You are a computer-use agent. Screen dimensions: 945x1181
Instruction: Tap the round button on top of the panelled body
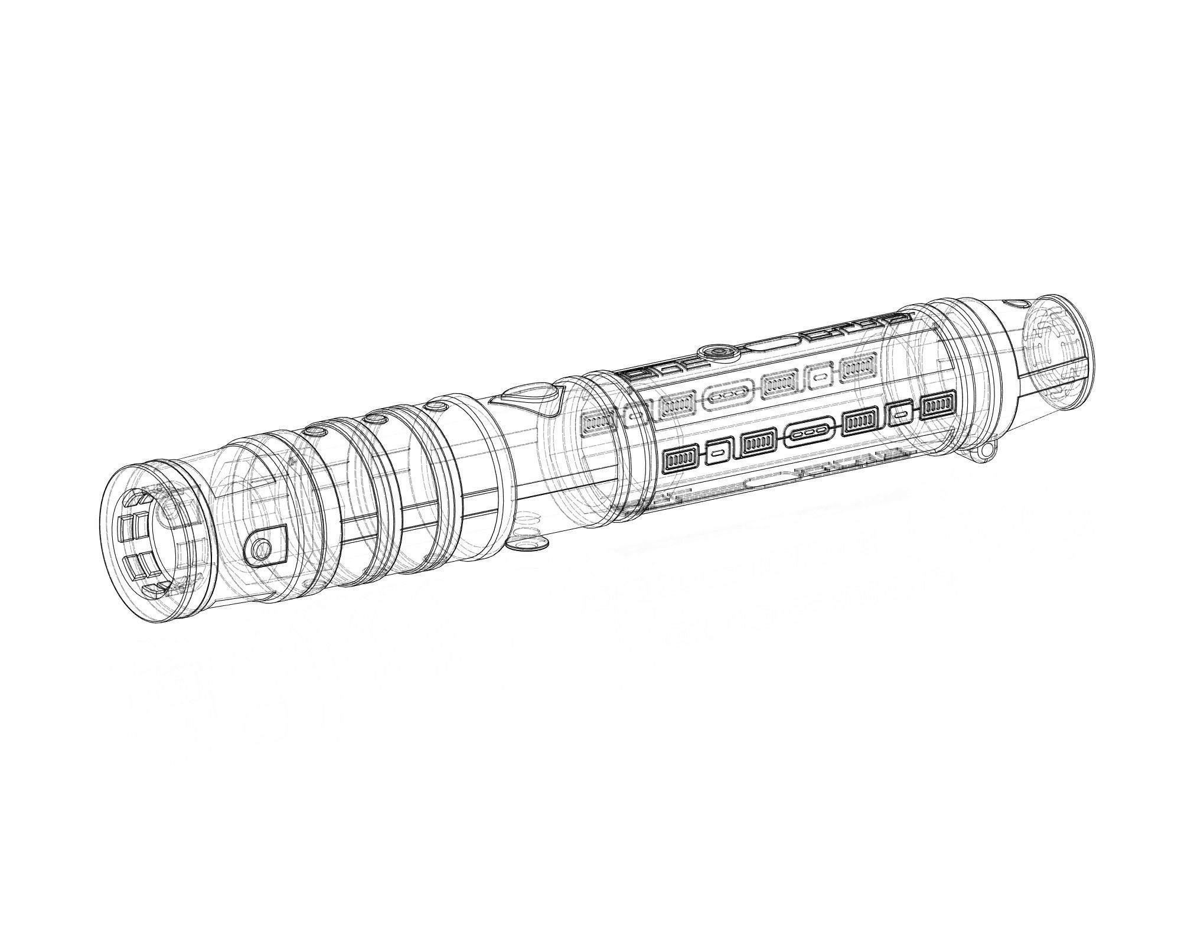click(x=718, y=353)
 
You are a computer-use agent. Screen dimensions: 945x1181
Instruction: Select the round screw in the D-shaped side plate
click(x=259, y=549)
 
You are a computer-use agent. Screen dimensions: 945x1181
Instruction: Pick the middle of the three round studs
click(x=373, y=418)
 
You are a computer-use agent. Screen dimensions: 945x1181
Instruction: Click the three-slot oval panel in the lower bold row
click(x=809, y=434)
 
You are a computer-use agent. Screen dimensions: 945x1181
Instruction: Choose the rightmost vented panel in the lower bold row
click(x=939, y=405)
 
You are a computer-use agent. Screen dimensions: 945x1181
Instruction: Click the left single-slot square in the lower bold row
click(x=718, y=452)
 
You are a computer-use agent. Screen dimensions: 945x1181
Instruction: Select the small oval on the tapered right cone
click(x=1016, y=304)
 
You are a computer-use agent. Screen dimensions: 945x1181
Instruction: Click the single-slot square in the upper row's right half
click(x=818, y=376)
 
